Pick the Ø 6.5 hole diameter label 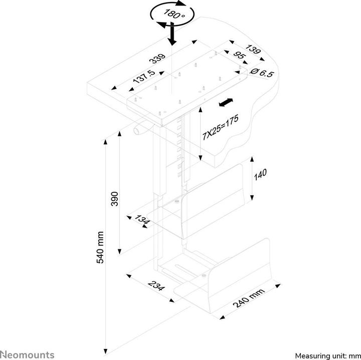[261, 73]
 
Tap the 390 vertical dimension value [114, 199]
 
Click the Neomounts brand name [28, 354]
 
